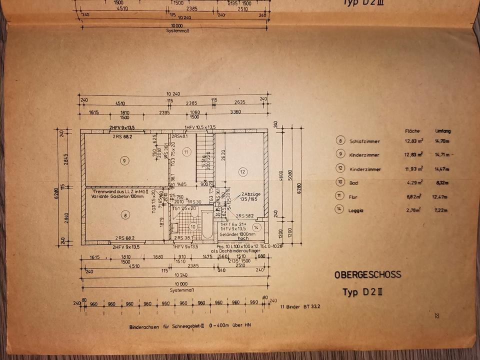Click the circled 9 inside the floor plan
(x=124, y=160)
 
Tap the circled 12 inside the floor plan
(x=242, y=172)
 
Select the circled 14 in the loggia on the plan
(x=256, y=227)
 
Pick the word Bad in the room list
(x=354, y=183)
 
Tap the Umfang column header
(x=443, y=130)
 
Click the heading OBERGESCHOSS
(x=368, y=274)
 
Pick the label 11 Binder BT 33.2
(x=300, y=305)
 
